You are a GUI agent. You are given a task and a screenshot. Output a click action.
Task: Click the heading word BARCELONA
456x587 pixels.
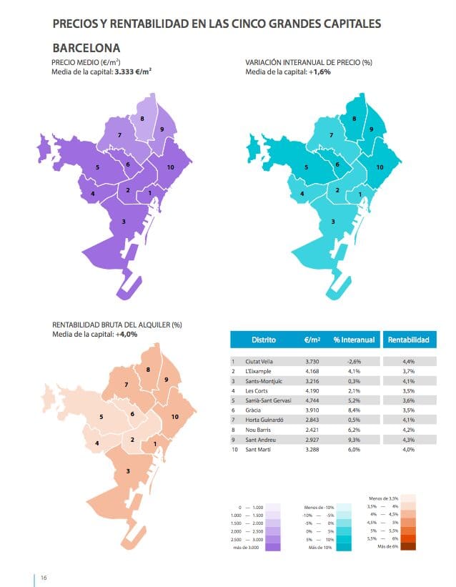tap(86, 48)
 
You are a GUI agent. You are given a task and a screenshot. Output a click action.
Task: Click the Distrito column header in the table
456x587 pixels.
tap(264, 340)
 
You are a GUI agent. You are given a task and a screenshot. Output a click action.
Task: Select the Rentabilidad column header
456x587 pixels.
tap(408, 340)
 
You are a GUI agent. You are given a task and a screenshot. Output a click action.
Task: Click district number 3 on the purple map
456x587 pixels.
tap(124, 222)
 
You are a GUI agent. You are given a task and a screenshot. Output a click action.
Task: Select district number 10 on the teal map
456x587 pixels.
tap(380, 167)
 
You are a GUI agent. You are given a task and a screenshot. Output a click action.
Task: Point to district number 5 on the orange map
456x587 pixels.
tap(101, 416)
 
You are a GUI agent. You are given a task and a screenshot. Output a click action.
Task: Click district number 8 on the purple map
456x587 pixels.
tap(142, 119)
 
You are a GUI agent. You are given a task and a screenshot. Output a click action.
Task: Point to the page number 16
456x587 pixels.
tap(44, 577)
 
